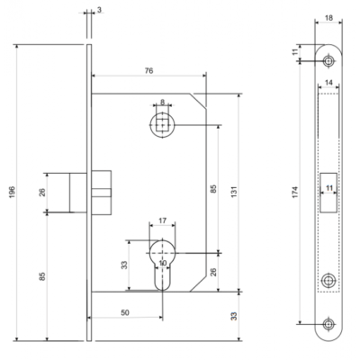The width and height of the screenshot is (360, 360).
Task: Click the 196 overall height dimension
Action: click(x=12, y=192)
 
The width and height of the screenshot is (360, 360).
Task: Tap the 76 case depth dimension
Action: click(x=148, y=71)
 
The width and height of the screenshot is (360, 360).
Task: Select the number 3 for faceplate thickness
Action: click(x=99, y=10)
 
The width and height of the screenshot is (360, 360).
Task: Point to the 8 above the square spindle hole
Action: click(x=162, y=103)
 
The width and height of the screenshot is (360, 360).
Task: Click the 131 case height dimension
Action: click(x=234, y=192)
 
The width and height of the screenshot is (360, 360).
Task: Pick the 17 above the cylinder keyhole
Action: click(x=162, y=220)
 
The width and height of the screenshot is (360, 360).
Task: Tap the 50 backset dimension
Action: click(x=125, y=312)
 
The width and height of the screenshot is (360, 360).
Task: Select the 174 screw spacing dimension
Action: click(x=295, y=192)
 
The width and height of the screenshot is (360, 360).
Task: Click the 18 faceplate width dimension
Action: click(x=328, y=18)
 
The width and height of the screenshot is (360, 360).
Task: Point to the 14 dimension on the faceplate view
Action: click(x=328, y=83)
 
